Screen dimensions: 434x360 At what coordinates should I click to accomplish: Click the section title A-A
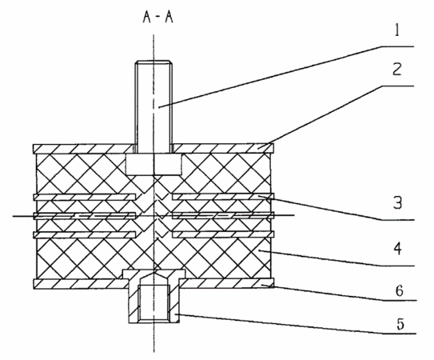(x=158, y=17)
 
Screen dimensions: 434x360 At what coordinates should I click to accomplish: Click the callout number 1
(x=397, y=30)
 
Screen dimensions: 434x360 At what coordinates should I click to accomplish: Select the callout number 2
(x=397, y=69)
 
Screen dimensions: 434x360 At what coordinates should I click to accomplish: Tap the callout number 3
(x=397, y=202)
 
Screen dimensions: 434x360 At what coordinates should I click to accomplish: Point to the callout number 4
(x=398, y=249)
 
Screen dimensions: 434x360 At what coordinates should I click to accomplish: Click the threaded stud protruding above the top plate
(x=153, y=106)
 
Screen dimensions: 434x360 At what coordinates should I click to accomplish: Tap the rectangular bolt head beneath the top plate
(x=153, y=164)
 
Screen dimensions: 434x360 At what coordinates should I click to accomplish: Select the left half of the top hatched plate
(x=83, y=149)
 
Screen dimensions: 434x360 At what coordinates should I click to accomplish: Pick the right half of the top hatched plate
(x=223, y=149)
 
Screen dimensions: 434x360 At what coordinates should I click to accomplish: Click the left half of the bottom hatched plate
(x=81, y=284)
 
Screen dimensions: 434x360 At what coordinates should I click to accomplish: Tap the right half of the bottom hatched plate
(x=227, y=283)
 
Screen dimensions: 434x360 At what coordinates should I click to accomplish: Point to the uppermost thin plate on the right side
(x=223, y=197)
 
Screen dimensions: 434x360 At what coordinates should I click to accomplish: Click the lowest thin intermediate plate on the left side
(x=85, y=234)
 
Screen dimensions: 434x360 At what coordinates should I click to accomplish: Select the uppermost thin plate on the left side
(x=85, y=197)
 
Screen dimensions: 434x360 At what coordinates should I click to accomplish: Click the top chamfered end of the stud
(x=153, y=62)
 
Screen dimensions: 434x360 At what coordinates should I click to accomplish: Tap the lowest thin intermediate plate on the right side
(x=223, y=234)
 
